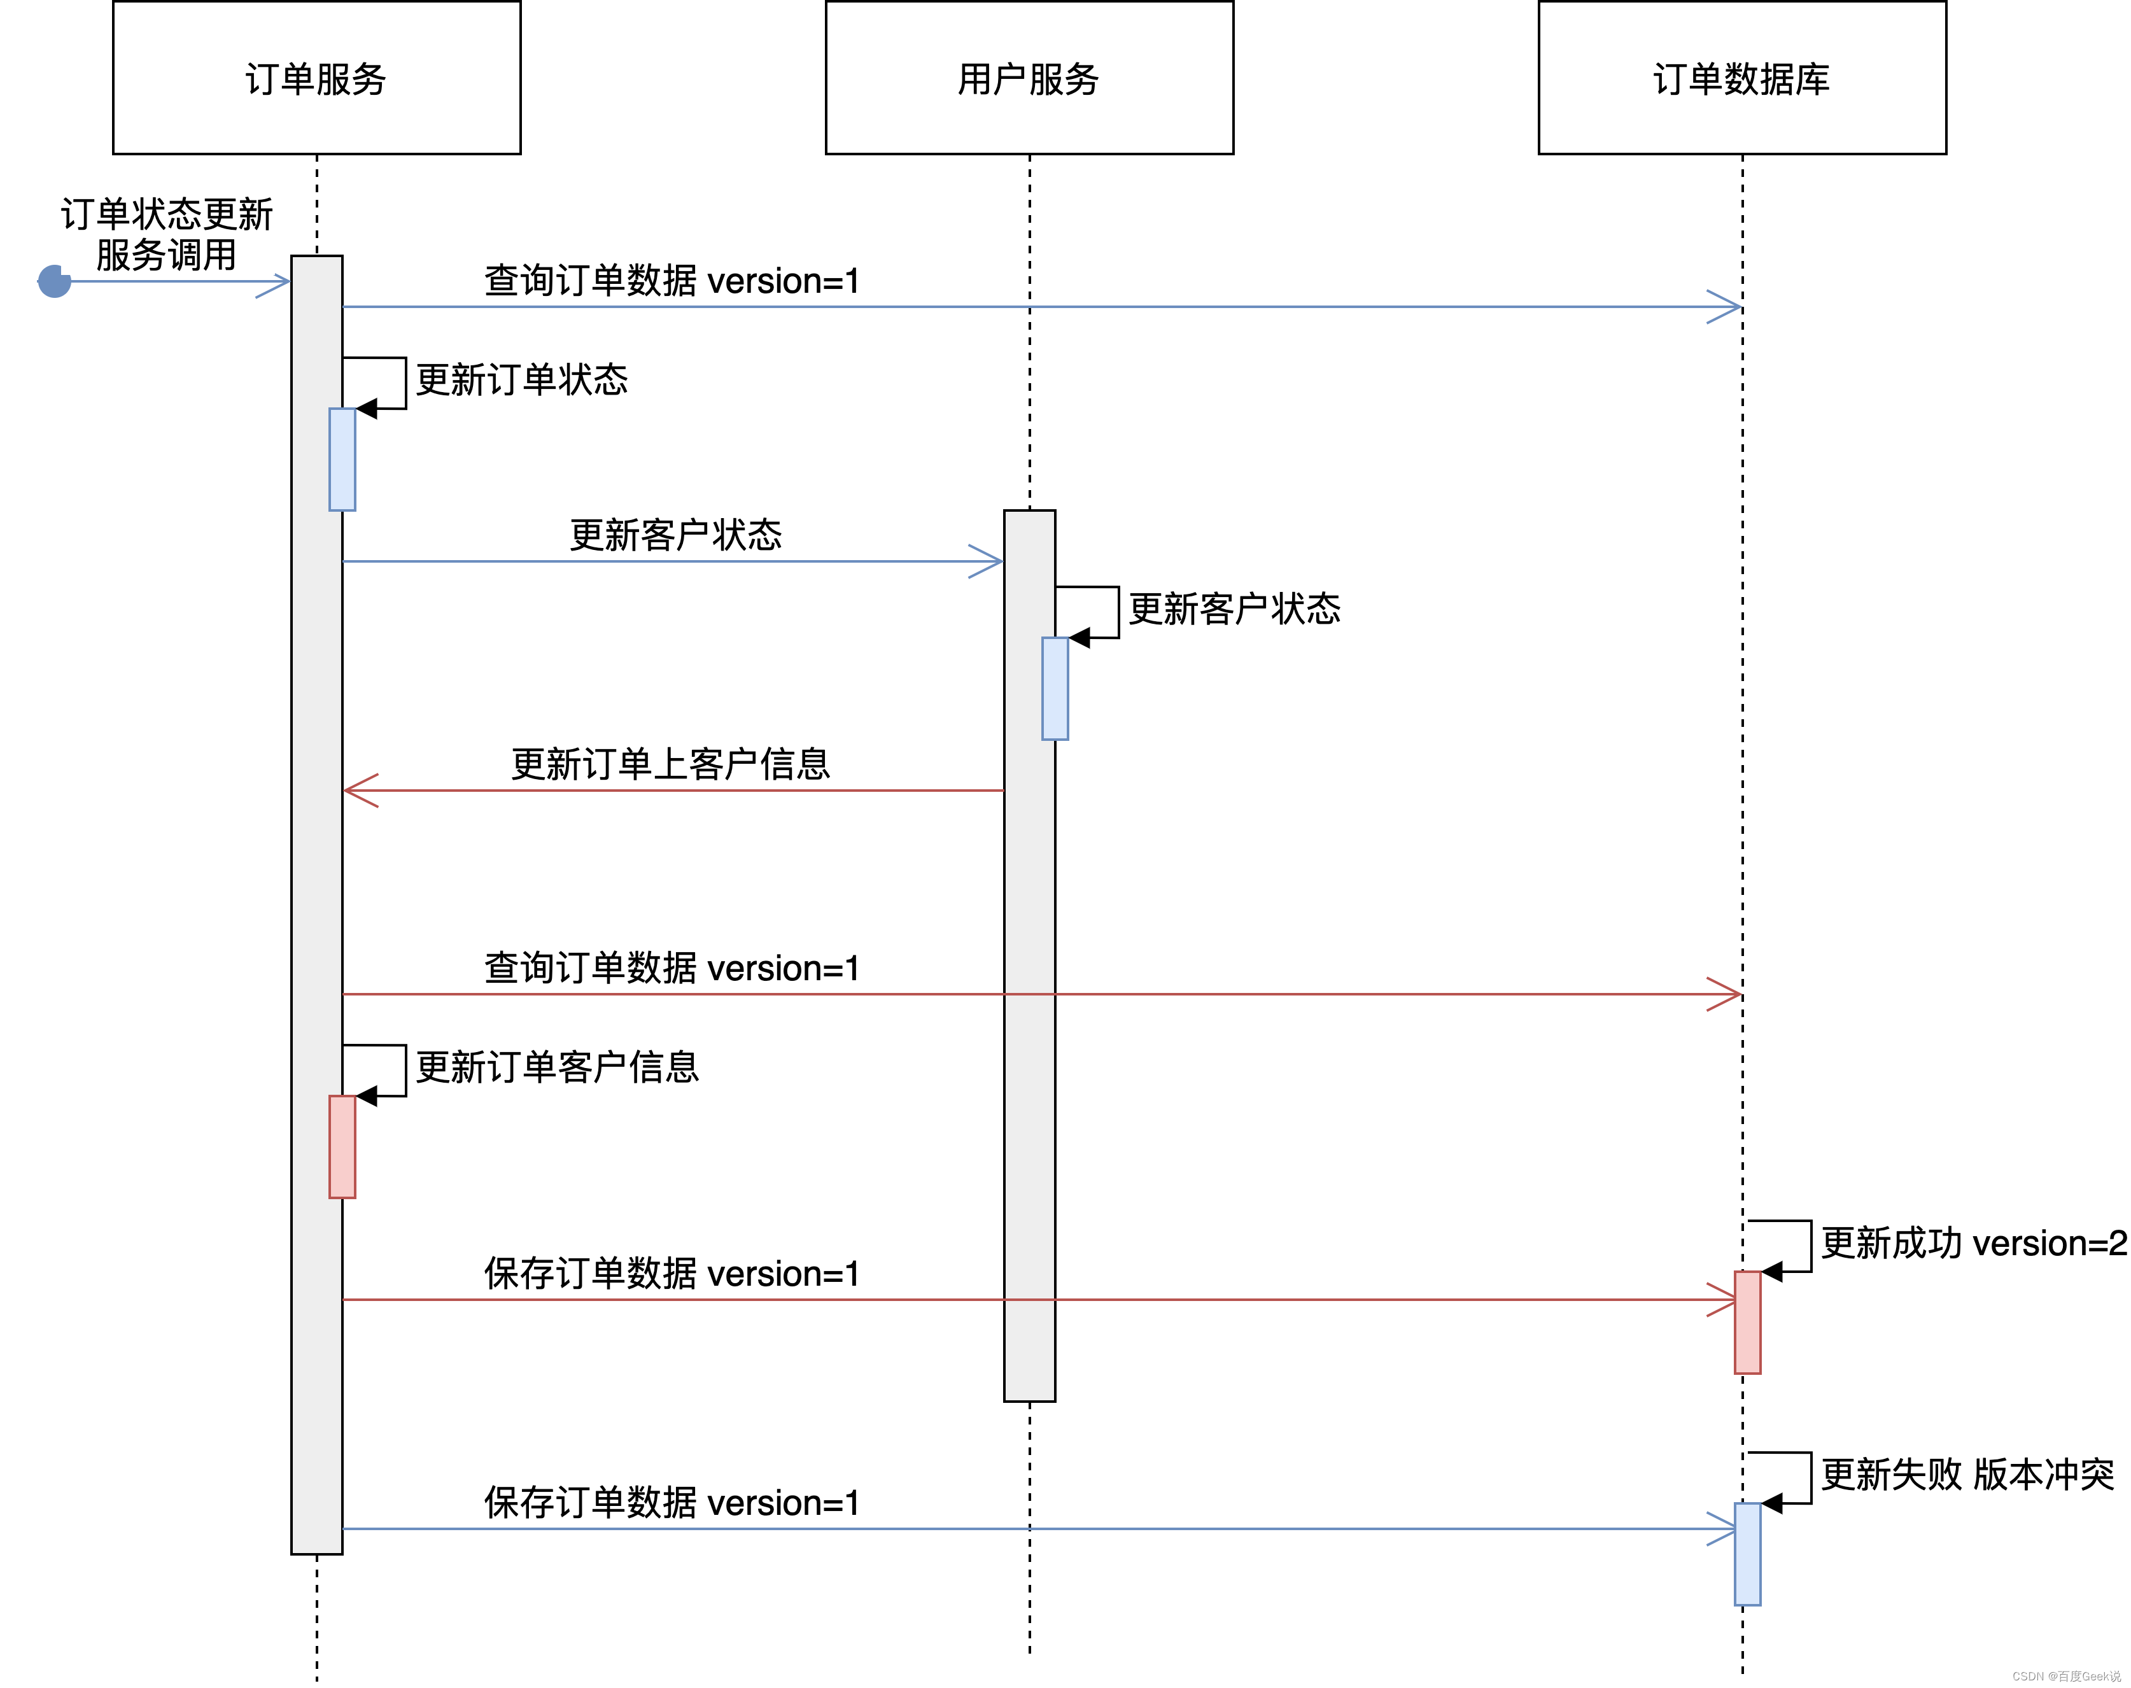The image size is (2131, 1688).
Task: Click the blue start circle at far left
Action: click(54, 282)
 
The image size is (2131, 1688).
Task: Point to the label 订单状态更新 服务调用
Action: click(166, 234)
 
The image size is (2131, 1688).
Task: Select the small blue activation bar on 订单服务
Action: click(342, 460)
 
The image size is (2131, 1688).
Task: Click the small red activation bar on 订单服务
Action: click(342, 1146)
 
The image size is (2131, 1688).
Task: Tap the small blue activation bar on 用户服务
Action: click(1055, 689)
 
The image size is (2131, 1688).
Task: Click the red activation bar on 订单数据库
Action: click(1747, 1323)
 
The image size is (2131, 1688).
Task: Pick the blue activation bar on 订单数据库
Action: click(1747, 1554)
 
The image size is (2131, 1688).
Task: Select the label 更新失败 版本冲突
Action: click(1967, 1475)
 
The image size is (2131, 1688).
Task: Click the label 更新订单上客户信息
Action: click(670, 764)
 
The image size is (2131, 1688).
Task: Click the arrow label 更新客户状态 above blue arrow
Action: click(675, 535)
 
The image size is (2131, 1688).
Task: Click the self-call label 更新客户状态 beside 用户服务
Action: click(1234, 608)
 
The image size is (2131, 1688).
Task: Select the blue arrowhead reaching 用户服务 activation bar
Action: click(987, 561)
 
